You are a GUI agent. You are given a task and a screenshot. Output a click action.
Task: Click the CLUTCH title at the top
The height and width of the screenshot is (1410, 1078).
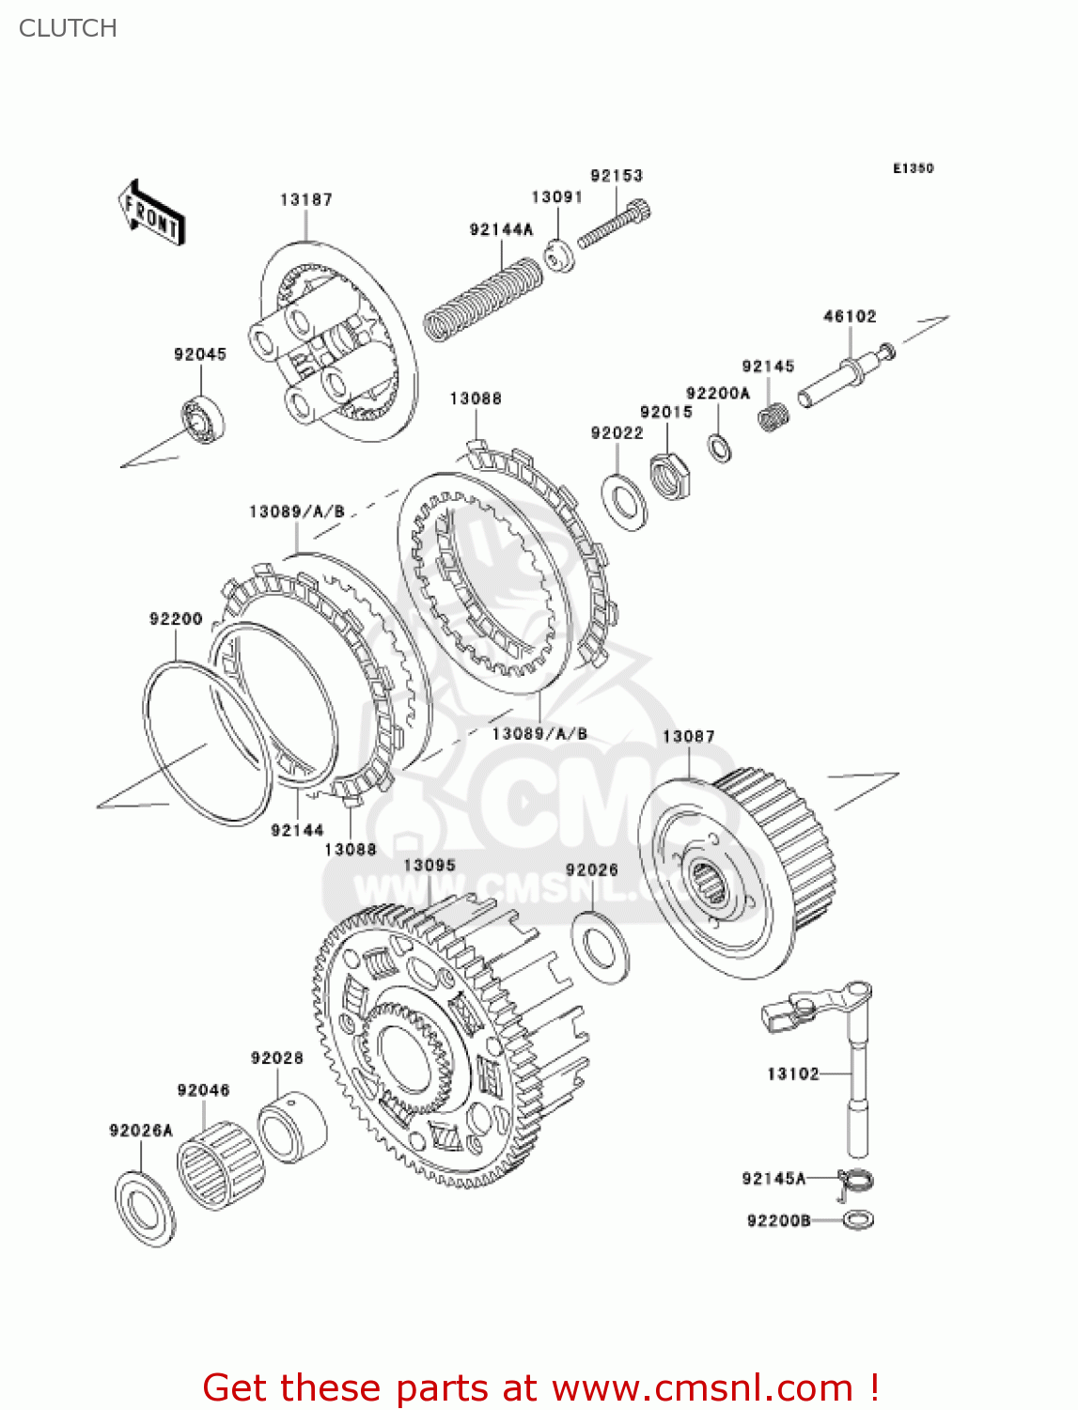68,28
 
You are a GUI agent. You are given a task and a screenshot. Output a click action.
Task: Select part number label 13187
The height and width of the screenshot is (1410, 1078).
305,199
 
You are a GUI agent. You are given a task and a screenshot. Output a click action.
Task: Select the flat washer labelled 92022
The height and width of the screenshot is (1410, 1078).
623,502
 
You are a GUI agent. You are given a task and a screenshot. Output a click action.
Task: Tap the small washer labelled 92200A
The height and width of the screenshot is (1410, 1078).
719,447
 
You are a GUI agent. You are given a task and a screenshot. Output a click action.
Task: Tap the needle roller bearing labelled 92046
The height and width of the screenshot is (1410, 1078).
220,1167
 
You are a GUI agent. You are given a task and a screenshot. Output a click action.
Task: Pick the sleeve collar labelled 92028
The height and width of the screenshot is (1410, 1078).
291,1127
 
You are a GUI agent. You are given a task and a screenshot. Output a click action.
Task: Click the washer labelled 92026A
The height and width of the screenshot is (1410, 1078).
145,1208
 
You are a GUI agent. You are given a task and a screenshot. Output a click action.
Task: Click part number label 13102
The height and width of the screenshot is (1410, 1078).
792,1073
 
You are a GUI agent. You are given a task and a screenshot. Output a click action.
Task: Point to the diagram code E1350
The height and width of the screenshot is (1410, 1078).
913,168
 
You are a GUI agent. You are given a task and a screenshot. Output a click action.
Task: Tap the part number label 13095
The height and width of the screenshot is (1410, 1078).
429,865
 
